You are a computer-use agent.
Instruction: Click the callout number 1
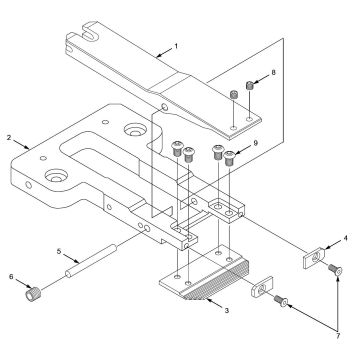tap(177, 45)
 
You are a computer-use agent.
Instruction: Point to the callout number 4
tap(345, 238)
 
